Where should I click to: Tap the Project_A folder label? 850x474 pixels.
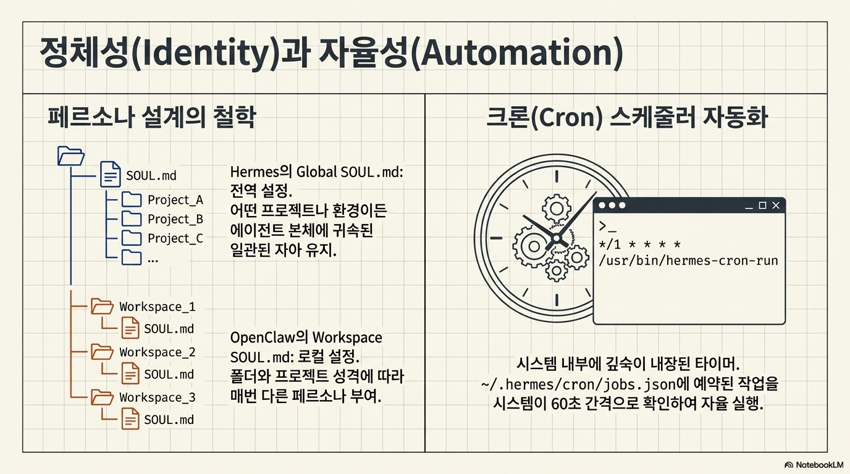click(x=175, y=200)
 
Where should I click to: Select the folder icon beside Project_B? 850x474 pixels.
click(x=132, y=219)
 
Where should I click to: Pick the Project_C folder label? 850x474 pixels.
click(x=175, y=238)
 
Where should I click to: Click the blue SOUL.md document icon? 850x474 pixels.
click(x=111, y=175)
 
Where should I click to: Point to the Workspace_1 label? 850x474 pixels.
click(x=158, y=306)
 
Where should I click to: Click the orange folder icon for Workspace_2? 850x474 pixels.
click(x=102, y=352)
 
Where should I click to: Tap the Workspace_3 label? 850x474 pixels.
click(x=158, y=397)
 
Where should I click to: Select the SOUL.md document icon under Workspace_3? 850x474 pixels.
click(x=130, y=419)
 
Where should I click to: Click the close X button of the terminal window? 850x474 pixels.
click(x=776, y=205)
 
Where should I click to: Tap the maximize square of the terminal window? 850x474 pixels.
click(x=762, y=205)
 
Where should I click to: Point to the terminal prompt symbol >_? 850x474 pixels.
click(x=607, y=227)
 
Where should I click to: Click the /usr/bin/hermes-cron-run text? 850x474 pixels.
click(x=688, y=260)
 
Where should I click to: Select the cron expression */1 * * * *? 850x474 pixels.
click(x=640, y=244)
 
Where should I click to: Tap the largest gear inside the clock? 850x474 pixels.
click(x=534, y=246)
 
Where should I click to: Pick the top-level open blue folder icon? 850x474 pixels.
click(x=70, y=156)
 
